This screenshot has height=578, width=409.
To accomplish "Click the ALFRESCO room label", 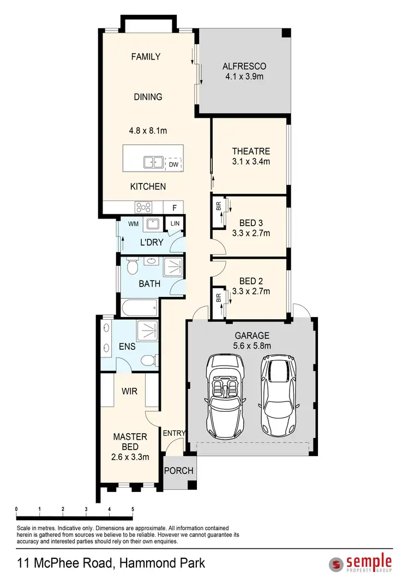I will (243, 66).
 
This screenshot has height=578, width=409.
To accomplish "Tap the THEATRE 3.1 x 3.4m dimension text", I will (251, 161).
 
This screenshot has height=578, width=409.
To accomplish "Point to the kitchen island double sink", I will (153, 162).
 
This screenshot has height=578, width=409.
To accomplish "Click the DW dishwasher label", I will (173, 165).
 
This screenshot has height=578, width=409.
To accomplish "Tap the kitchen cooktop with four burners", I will (143, 207).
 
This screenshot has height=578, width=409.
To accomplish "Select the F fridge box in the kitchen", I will (174, 208).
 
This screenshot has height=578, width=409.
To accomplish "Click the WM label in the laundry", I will (133, 224).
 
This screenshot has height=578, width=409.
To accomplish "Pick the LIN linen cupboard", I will (175, 224).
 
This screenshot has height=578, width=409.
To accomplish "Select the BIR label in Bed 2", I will (218, 297).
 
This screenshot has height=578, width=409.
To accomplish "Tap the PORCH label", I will (179, 470).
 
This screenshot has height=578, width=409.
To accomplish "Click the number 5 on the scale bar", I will (133, 509).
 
